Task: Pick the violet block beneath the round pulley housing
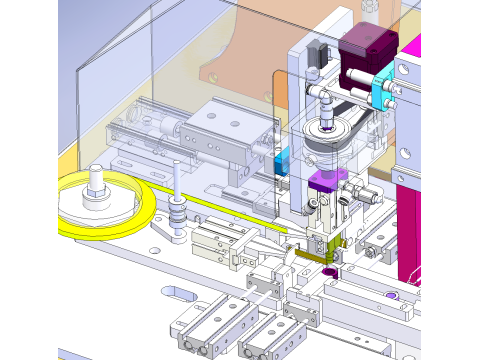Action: pos(326,182)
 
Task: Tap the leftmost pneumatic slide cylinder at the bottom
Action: pos(195,330)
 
